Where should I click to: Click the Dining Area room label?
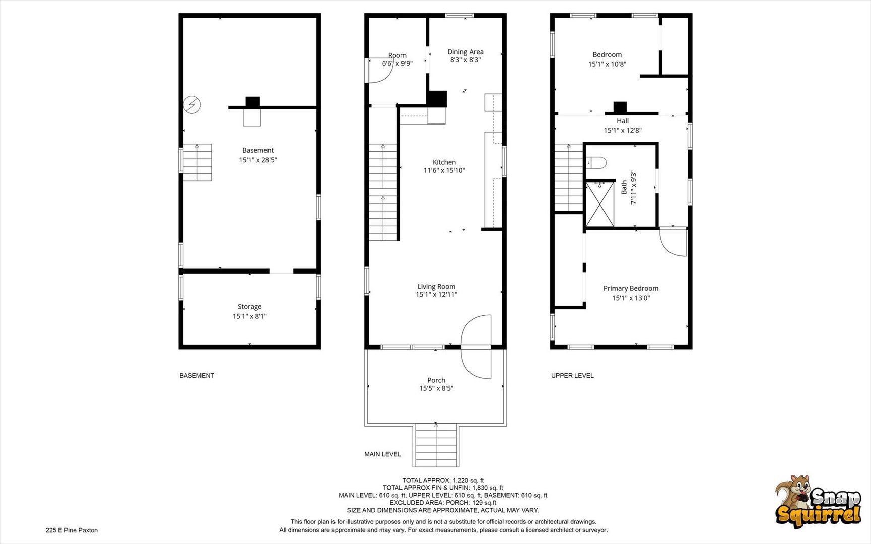click(x=465, y=52)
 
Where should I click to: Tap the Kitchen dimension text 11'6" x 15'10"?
click(x=444, y=170)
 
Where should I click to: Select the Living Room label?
click(x=436, y=287)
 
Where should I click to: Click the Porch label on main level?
click(x=436, y=380)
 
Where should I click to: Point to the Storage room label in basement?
click(x=249, y=307)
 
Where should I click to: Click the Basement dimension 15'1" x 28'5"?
click(x=258, y=160)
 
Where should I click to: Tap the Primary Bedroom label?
click(x=631, y=288)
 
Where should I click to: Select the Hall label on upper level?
click(x=623, y=121)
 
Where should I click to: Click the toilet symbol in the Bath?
click(x=596, y=163)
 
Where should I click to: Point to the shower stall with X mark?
click(x=600, y=205)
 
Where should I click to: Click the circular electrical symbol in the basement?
click(x=192, y=105)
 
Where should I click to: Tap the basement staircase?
click(x=197, y=162)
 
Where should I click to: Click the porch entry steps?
click(x=436, y=445)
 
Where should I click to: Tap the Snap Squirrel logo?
click(x=818, y=502)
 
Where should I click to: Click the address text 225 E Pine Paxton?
click(x=72, y=530)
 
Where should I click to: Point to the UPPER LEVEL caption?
click(x=572, y=375)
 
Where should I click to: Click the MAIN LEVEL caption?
click(x=383, y=454)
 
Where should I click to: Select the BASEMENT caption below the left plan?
click(x=197, y=375)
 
